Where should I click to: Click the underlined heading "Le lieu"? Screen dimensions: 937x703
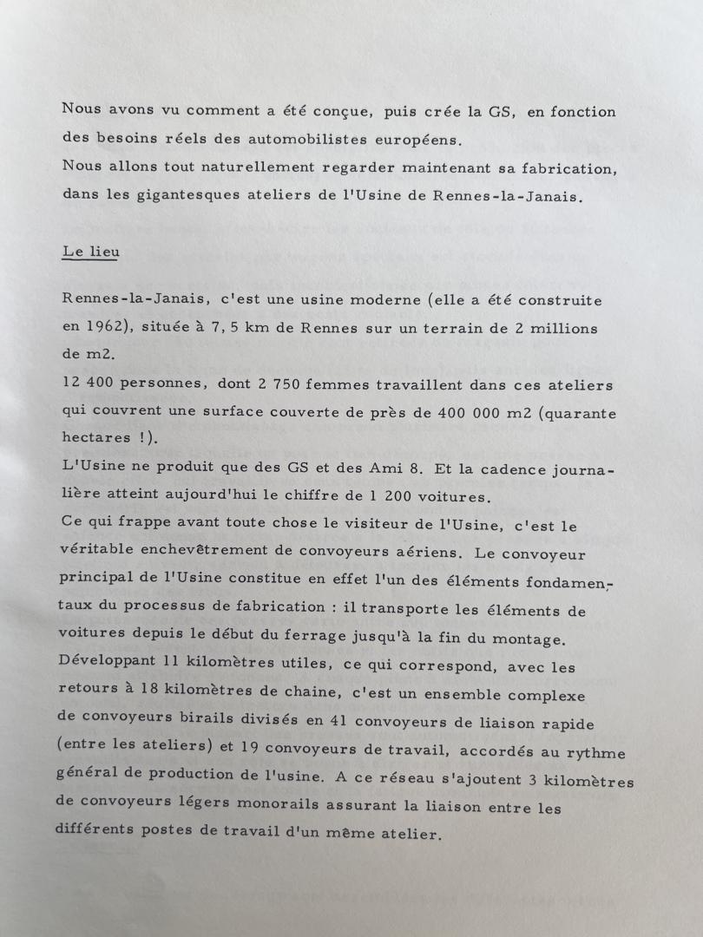90,252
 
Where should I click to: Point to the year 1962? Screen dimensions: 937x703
108,328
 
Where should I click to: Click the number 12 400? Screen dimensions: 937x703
87,383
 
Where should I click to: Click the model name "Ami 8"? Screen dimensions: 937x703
397,468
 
